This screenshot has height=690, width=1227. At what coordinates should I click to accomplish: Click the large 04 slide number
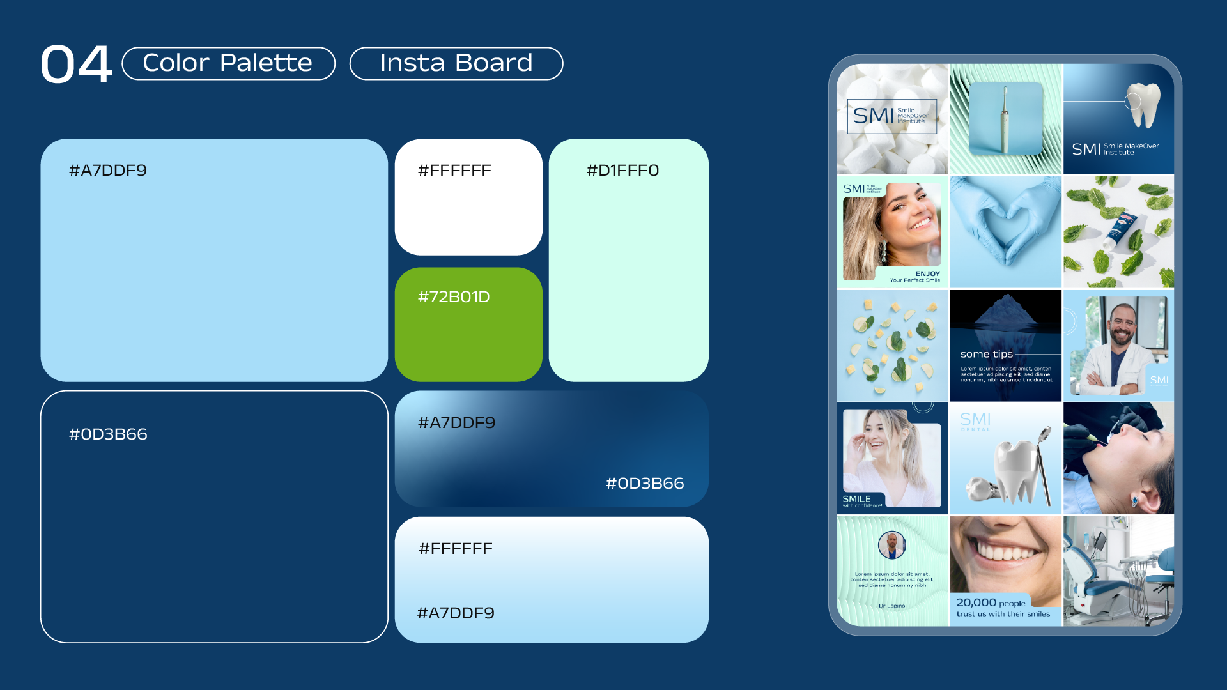coord(76,64)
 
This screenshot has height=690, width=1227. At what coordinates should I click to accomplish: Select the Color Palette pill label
coord(228,63)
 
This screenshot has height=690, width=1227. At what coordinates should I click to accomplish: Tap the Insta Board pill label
coord(456,63)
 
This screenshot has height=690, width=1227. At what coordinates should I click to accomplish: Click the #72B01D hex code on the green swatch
coord(454,297)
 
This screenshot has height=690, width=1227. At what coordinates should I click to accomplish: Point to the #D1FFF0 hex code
coord(622,171)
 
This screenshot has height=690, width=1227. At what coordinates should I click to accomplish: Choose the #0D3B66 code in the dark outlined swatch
coord(108,434)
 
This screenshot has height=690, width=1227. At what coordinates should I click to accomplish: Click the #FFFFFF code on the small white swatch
coord(454,171)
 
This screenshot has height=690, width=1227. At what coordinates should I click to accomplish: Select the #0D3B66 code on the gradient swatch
coord(645,484)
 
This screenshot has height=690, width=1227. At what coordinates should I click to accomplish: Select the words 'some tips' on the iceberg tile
coord(986,354)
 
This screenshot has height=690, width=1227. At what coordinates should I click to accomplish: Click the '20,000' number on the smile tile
coord(976,602)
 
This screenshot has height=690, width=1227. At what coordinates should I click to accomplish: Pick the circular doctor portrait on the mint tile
coord(891,545)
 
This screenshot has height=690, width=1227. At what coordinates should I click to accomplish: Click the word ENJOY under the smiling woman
coord(927,273)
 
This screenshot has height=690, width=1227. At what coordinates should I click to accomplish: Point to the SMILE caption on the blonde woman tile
coord(856,498)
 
